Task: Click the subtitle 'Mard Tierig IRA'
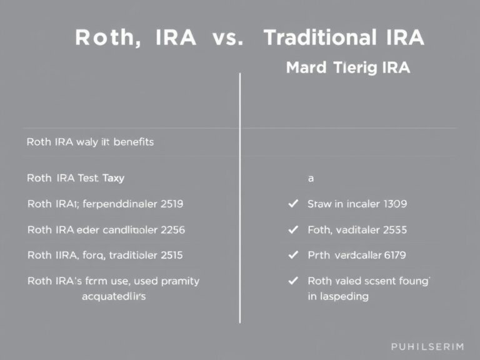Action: (x=348, y=68)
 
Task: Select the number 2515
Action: (x=171, y=255)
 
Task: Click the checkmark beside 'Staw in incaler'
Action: (x=291, y=204)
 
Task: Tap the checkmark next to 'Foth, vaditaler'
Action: (x=291, y=229)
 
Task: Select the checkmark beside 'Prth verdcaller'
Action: (x=291, y=255)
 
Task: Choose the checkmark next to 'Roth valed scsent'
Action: (x=291, y=281)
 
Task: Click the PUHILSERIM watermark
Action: (x=427, y=346)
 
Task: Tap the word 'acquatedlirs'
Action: (x=114, y=296)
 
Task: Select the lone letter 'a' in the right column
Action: (x=311, y=179)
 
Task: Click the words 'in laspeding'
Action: (x=337, y=296)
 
